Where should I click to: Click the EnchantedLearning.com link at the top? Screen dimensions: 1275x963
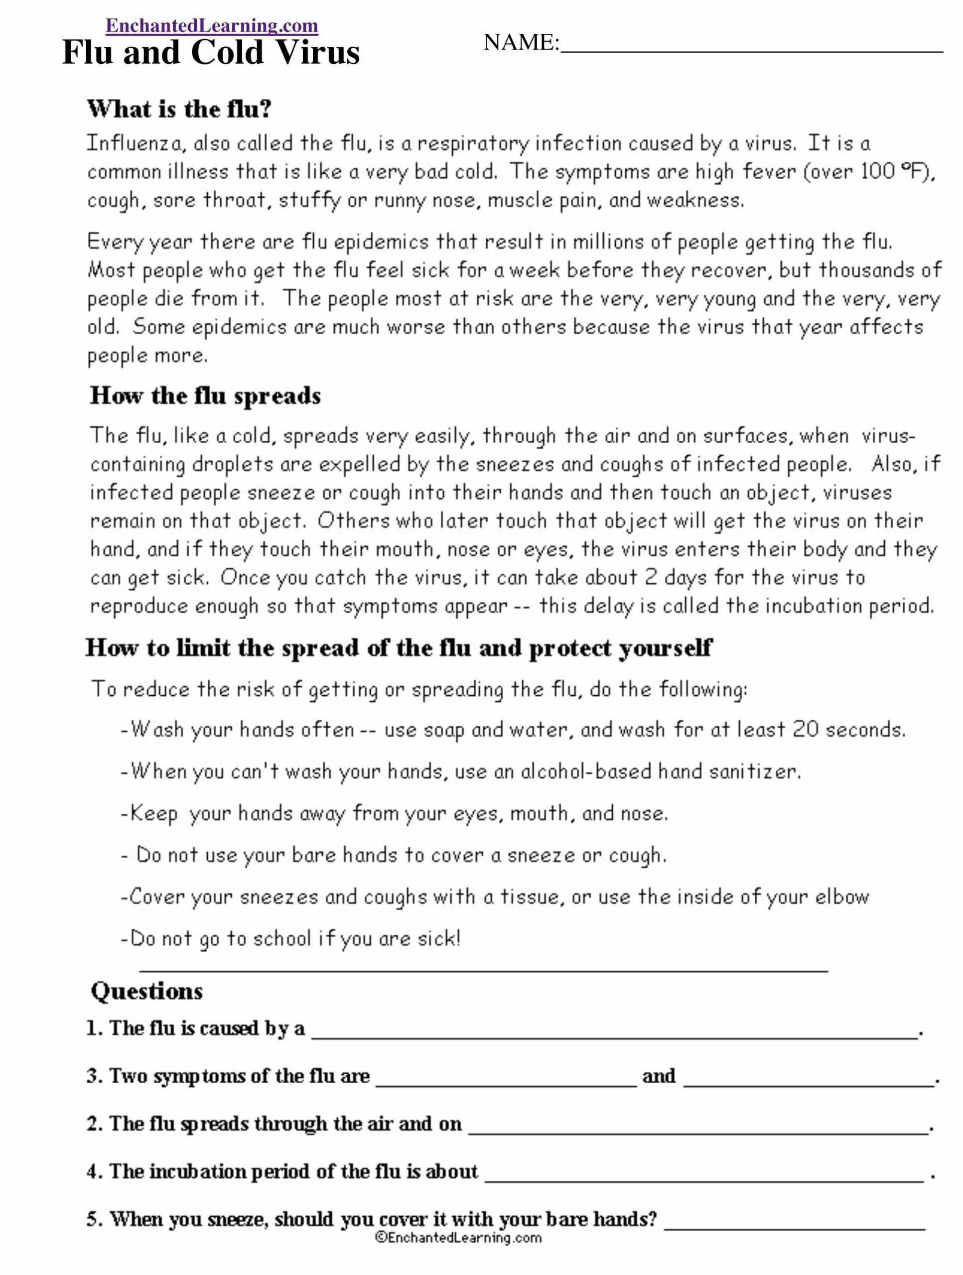click(x=212, y=25)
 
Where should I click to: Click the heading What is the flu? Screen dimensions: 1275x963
click(x=179, y=109)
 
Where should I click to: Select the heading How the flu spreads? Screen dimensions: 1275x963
click(x=205, y=396)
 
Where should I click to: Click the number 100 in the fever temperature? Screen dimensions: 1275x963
click(x=878, y=171)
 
